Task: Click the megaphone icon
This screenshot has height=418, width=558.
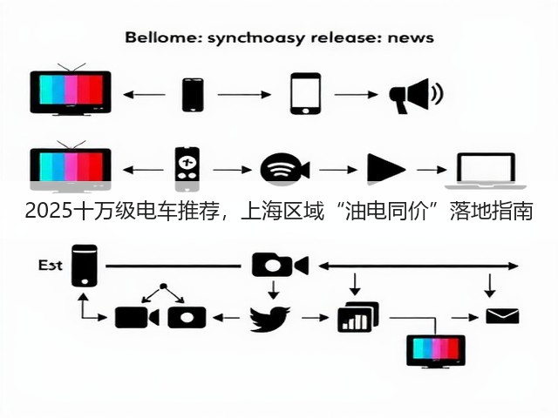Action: click(x=415, y=95)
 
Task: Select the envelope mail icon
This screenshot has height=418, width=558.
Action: click(x=502, y=316)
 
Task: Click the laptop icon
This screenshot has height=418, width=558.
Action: click(x=486, y=171)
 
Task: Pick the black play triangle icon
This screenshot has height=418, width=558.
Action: click(x=386, y=170)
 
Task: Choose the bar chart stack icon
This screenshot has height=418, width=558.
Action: click(x=358, y=317)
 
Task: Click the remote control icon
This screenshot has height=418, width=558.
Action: click(x=187, y=169)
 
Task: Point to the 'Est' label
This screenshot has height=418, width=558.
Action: click(x=51, y=265)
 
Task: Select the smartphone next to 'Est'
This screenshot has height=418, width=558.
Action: click(x=85, y=265)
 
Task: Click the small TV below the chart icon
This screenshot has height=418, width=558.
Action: click(x=436, y=351)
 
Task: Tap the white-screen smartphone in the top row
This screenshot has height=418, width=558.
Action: click(x=305, y=94)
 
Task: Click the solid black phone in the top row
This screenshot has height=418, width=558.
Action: click(x=193, y=95)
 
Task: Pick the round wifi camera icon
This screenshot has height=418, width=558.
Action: click(x=285, y=169)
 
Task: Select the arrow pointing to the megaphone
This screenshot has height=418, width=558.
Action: click(x=357, y=95)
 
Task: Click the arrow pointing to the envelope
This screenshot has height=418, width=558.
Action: click(x=465, y=317)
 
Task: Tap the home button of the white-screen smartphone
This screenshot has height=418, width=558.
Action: click(x=305, y=111)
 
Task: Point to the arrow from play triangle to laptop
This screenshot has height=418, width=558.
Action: click(x=432, y=170)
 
